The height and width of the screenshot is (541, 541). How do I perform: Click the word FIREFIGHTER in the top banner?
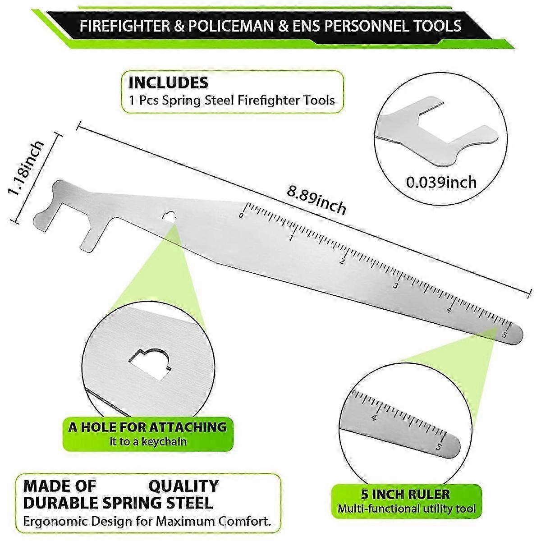[x=125, y=26]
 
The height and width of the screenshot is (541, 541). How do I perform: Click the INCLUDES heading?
[x=169, y=83]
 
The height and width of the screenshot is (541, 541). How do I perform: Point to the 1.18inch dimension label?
[x=26, y=169]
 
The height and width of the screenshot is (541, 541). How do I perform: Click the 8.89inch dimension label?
[x=316, y=199]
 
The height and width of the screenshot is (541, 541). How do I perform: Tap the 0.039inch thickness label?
[x=441, y=182]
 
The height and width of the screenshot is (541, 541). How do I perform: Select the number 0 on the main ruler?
[x=241, y=215]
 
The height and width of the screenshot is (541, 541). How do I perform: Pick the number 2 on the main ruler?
[x=342, y=261]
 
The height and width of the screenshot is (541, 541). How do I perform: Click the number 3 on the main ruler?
[x=395, y=286]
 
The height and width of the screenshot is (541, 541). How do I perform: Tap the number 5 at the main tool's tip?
[x=504, y=335]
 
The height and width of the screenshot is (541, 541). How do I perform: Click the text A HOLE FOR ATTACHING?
[x=147, y=427]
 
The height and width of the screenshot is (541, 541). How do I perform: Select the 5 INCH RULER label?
[x=406, y=494]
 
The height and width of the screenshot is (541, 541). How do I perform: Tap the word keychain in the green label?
[x=164, y=442]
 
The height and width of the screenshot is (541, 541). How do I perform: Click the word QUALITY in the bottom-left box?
[x=183, y=486]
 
